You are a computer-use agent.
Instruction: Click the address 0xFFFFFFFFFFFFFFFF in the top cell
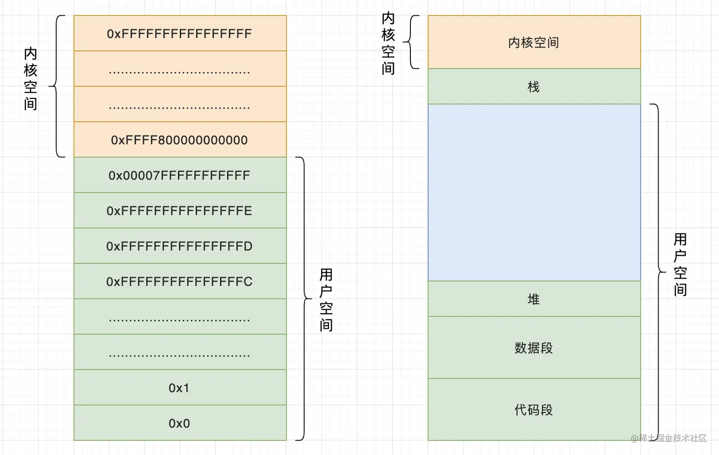[x=179, y=34]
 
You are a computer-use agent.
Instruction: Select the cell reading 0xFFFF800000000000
[x=179, y=140]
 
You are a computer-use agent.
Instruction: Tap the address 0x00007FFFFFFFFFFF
[x=179, y=175]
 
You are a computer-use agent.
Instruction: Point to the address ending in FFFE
[x=179, y=211]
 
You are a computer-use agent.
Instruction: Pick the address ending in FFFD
[x=179, y=246]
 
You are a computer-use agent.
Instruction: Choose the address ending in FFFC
[x=179, y=281]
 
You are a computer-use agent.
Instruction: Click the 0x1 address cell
[x=179, y=388]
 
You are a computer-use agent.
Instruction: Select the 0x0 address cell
[x=179, y=423]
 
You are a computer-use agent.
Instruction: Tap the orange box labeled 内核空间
[x=534, y=43]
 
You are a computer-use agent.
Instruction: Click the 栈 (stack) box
[x=534, y=87]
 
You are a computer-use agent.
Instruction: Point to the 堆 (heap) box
[x=534, y=299]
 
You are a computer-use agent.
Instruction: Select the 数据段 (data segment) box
[x=534, y=348]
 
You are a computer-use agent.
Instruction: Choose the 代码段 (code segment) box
[x=534, y=410]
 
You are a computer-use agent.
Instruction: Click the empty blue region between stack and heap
[x=534, y=193]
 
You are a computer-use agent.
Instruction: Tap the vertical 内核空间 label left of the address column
[x=30, y=78]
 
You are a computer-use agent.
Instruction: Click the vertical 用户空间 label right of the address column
[x=326, y=300]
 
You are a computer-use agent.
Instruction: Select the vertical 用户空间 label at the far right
[x=680, y=264]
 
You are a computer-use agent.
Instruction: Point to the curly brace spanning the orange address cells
[x=57, y=86]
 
